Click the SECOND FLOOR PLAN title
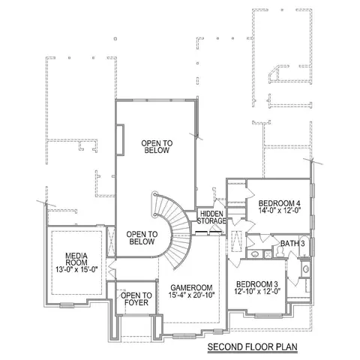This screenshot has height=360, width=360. tap(253, 347)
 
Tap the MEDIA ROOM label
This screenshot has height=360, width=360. tap(76, 259)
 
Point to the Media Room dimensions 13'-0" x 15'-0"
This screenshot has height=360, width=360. tap(76, 269)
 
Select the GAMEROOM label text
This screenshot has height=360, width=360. tap(191, 288)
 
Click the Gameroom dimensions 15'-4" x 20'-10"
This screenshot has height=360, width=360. tap(192, 295)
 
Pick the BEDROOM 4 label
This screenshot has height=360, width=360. tap(279, 203)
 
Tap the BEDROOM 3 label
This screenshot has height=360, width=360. tap(257, 284)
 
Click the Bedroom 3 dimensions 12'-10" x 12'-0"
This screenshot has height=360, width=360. tap(257, 291)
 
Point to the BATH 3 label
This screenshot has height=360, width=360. tap(292, 244)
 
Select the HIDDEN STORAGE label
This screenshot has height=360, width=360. tap(211, 217)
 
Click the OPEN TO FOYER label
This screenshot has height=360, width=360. tap(136, 299)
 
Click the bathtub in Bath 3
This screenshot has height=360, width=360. tap(304, 245)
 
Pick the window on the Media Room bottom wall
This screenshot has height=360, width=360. tap(67, 304)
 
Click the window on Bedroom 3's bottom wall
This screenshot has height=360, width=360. tap(268, 315)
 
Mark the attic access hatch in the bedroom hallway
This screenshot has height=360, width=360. tap(236, 241)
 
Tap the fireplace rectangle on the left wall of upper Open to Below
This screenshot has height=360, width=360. tap(120, 140)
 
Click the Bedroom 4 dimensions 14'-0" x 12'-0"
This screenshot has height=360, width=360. tap(279, 210)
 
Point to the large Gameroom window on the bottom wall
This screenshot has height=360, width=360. tap(184, 335)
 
